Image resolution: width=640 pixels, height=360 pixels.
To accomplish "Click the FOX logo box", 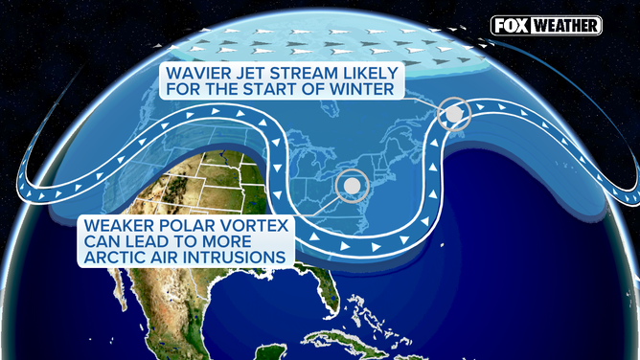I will tap(510, 26).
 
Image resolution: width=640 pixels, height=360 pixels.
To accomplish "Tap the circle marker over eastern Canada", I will tap(453, 115).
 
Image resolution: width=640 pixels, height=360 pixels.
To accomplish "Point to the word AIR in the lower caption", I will tap(165, 257).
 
